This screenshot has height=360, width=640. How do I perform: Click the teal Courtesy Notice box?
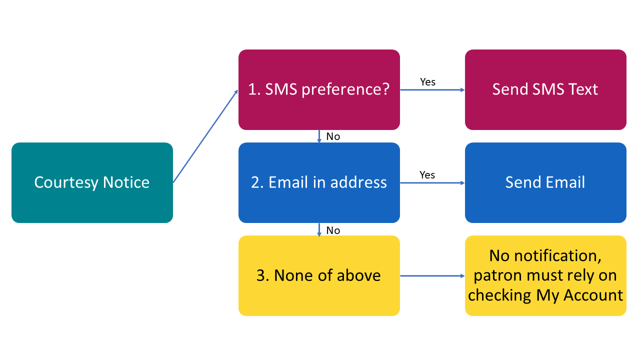coord(92,182)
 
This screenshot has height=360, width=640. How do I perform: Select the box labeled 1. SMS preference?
coord(319,89)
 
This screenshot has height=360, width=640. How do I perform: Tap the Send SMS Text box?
coord(545,89)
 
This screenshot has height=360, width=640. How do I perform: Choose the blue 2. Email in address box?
coord(319,182)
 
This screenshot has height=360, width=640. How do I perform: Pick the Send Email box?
coord(545,182)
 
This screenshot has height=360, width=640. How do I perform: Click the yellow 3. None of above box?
coord(319,275)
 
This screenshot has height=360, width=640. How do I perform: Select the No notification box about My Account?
coord(545,275)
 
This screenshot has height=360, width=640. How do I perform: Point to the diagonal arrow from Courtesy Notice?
coord(205,136)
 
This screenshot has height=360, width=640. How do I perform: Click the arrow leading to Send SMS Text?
coord(432,90)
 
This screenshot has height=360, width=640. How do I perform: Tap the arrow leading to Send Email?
coord(432,183)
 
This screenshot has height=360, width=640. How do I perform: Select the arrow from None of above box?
coord(432,276)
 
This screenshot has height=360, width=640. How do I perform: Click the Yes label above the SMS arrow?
coord(427,82)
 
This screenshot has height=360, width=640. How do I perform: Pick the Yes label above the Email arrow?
coord(427,175)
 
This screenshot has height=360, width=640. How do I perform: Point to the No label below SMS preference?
coord(333,136)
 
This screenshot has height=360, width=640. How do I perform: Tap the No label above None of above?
coord(333,230)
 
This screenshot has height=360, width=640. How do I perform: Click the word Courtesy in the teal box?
coord(66,183)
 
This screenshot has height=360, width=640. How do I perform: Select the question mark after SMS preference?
coord(385,89)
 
